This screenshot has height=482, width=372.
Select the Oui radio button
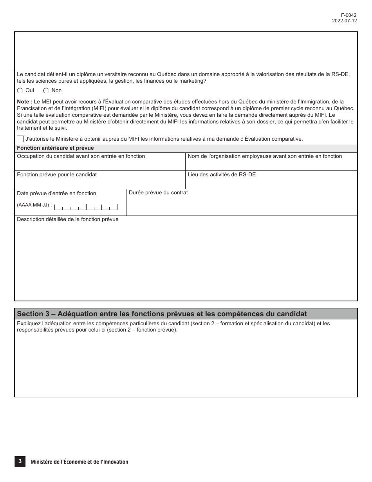(20, 91)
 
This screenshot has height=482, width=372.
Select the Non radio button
(46, 91)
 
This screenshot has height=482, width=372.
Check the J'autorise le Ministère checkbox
(20, 139)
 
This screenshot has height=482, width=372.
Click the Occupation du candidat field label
(81, 156)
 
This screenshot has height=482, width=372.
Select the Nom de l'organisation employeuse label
(265, 156)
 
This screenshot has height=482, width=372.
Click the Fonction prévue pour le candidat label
(57, 174)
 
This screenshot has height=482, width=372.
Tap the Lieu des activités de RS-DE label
(222, 174)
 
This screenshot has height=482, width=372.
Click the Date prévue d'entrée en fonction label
(56, 193)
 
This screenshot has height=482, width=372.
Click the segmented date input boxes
(86, 207)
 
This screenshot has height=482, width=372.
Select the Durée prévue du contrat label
(158, 193)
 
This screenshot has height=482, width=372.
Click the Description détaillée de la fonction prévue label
(67, 219)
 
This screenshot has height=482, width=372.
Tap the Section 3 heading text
(162, 314)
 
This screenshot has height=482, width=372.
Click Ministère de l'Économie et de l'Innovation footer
(79, 462)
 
